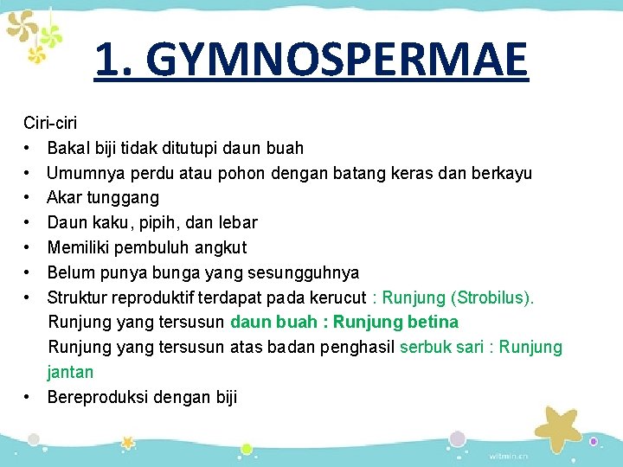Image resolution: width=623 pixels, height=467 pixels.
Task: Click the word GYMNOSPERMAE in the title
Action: [x=337, y=61]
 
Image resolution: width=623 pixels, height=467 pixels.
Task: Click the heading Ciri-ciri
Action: [x=50, y=124]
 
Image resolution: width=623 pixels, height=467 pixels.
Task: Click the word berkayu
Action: [x=502, y=174]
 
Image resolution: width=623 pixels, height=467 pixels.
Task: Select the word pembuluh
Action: [x=149, y=248]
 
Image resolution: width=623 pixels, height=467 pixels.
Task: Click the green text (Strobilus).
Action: [x=492, y=298]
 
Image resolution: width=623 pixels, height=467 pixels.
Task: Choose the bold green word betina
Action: [x=430, y=323]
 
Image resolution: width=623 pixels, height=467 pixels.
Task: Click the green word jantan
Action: [x=71, y=373]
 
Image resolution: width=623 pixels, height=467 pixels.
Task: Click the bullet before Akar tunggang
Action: [x=29, y=198]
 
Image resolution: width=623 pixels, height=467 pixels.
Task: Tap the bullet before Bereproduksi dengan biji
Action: [x=29, y=398]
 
